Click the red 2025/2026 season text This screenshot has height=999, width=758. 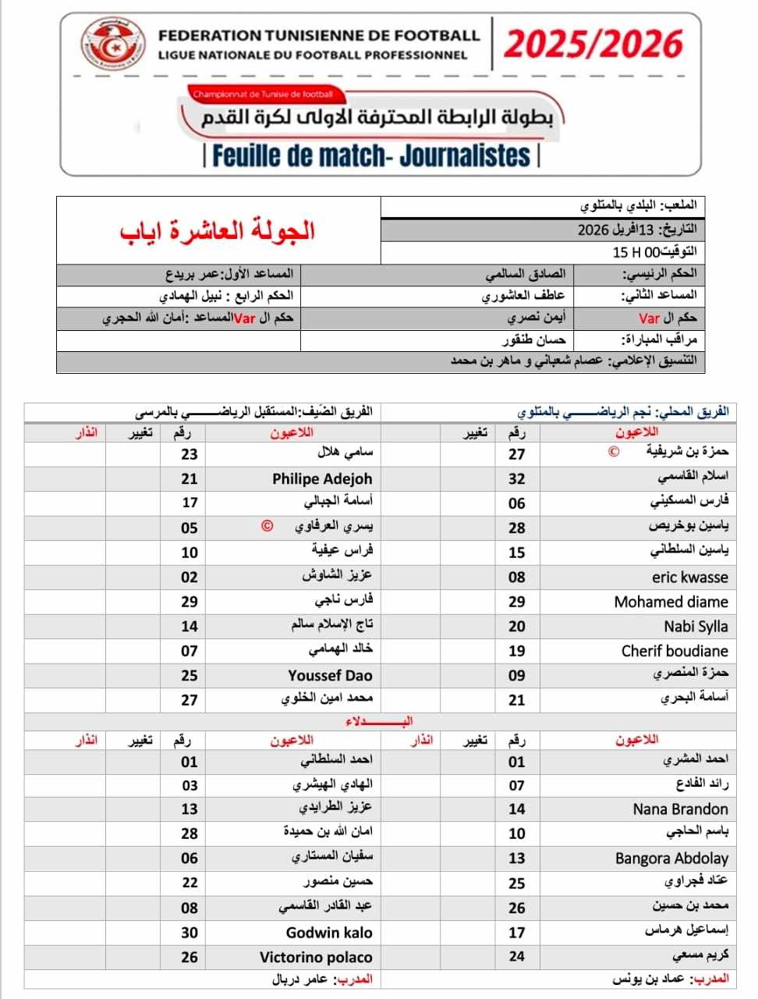click(x=593, y=44)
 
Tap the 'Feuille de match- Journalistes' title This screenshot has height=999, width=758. click(x=370, y=155)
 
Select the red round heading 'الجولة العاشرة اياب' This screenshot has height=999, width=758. click(x=218, y=230)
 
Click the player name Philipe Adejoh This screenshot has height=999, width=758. click(x=322, y=478)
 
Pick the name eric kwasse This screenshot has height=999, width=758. click(x=689, y=578)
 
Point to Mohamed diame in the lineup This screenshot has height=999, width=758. click(x=671, y=602)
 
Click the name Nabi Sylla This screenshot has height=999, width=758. click(x=696, y=626)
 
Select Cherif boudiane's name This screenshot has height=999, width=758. click(x=675, y=651)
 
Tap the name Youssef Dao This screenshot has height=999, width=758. click(x=330, y=676)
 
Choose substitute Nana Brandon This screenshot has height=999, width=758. click(x=680, y=809)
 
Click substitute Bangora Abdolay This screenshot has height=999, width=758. click(x=671, y=859)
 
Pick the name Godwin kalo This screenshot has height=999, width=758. click(x=329, y=933)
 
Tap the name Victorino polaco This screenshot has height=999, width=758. click(x=316, y=958)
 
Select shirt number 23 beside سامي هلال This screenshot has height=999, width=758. click(x=189, y=454)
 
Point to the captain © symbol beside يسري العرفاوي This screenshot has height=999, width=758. click(x=267, y=526)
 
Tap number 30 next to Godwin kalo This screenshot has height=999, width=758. click(x=189, y=933)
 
